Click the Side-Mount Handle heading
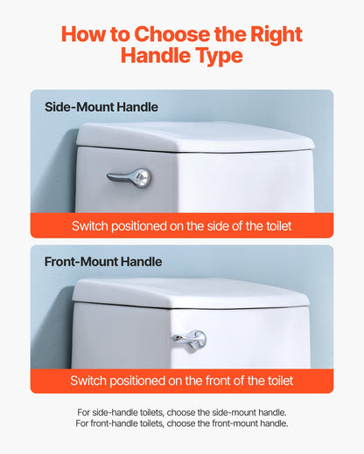[x=101, y=107]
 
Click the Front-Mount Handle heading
[x=103, y=261]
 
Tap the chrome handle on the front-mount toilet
[x=190, y=338]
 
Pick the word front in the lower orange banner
[x=221, y=381]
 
